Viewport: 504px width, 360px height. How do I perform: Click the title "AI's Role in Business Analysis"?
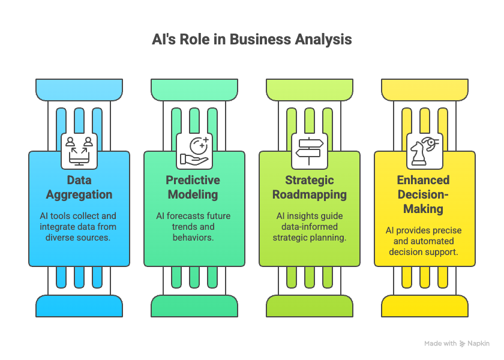point(251,40)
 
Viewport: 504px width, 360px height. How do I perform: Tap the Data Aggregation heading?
point(79,187)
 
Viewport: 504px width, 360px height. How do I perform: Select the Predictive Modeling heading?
point(193,187)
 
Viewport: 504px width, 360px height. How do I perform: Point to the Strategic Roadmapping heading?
point(309,187)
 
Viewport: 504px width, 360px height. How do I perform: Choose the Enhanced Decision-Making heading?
point(424,194)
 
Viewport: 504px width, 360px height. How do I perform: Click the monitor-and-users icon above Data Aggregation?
point(79,151)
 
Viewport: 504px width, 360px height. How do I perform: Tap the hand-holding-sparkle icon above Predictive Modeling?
point(194,151)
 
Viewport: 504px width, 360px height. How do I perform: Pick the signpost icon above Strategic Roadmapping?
point(309,151)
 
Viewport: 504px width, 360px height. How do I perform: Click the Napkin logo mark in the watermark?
point(462,344)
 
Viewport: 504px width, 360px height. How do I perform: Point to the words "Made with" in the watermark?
point(440,343)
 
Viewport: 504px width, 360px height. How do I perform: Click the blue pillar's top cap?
point(79,89)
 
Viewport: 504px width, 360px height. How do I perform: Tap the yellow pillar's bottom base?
point(425,306)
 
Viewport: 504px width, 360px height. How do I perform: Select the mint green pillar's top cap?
point(194,89)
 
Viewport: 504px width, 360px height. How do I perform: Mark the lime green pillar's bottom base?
point(310,306)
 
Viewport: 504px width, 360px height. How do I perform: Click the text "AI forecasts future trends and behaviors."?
point(193,227)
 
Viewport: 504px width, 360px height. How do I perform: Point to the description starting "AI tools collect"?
point(78,227)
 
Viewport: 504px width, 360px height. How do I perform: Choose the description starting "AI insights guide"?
point(310,227)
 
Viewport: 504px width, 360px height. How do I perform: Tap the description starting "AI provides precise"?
point(424,241)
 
